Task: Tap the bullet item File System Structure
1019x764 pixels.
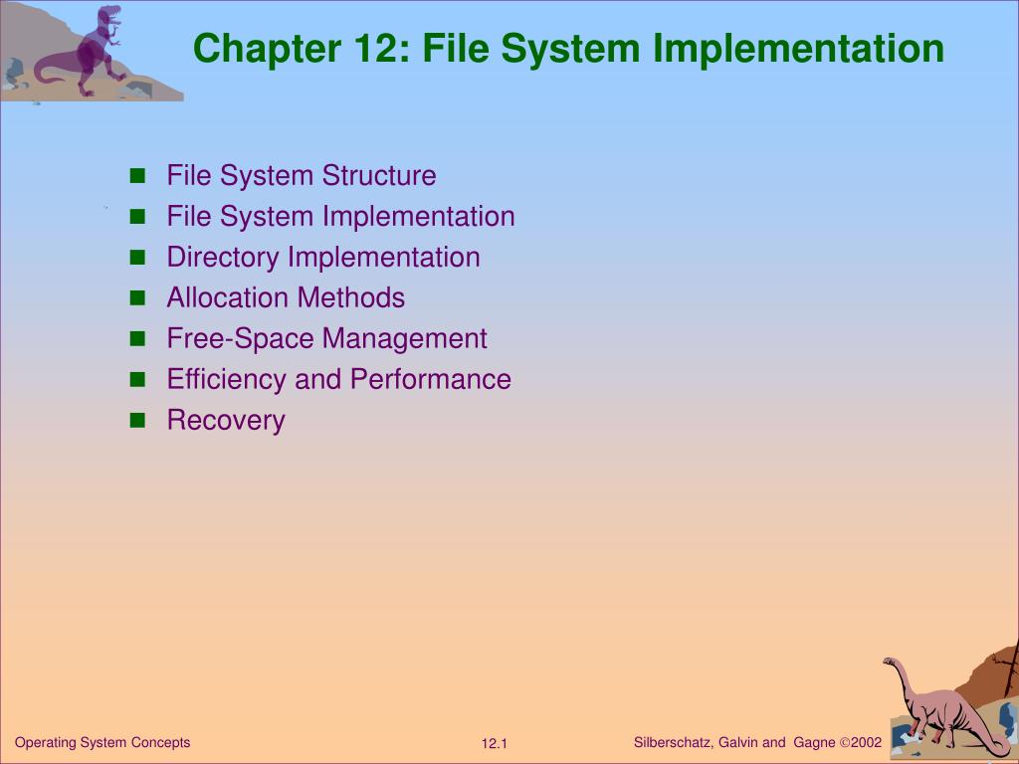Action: [x=301, y=176]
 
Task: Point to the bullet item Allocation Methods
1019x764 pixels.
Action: [x=286, y=297]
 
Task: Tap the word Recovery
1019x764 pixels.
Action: [x=226, y=421]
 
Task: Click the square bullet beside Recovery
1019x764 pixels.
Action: [x=137, y=420]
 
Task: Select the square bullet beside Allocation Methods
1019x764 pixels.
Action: [x=137, y=297]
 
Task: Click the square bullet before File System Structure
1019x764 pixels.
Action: [x=137, y=176]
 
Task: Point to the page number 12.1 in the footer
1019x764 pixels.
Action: [x=495, y=744]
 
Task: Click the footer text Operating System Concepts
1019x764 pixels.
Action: [x=102, y=742]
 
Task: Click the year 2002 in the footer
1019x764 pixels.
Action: [x=867, y=742]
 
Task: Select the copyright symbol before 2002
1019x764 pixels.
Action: [x=845, y=742]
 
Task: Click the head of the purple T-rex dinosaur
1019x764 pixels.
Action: [x=110, y=14]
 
